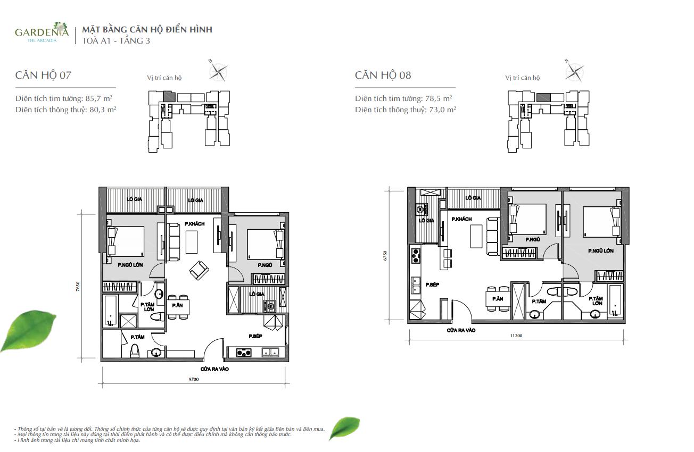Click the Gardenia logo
tap(42, 33)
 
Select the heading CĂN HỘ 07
tap(43, 75)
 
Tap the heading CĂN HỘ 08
tap(383, 75)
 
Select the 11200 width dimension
tap(516, 336)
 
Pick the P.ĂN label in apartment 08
tap(498, 299)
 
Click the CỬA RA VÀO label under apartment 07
tap(214, 369)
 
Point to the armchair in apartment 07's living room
tap(199, 270)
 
